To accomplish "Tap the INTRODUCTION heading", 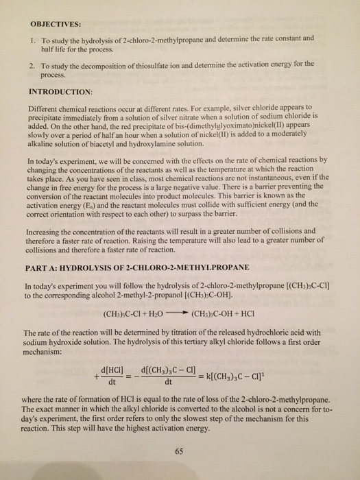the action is [x=62, y=90].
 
